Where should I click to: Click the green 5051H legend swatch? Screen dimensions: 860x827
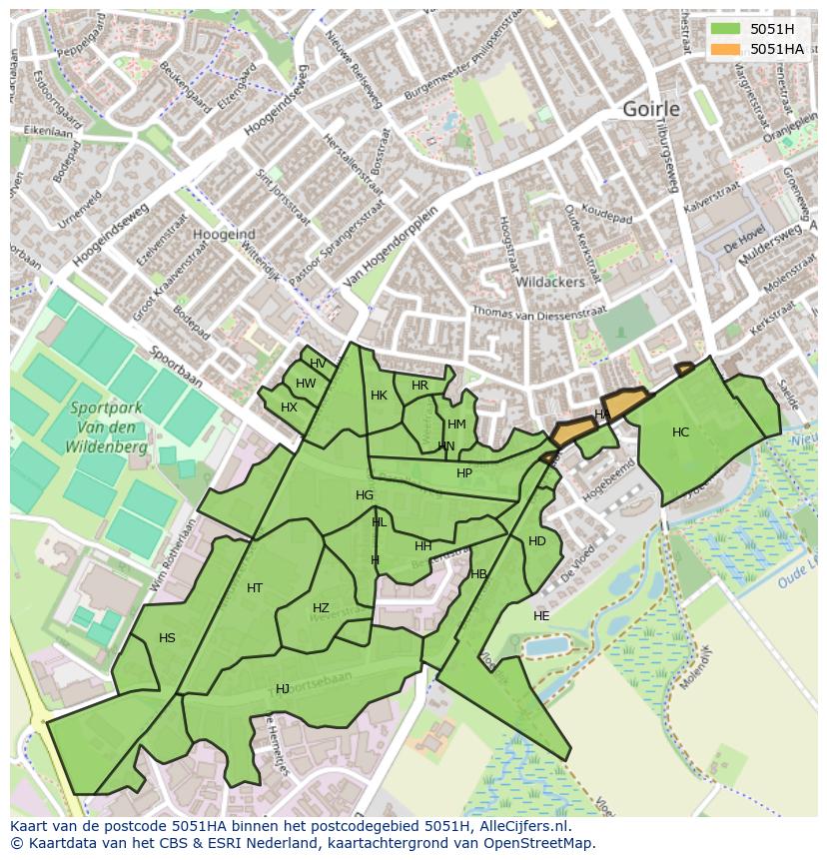coord(727,29)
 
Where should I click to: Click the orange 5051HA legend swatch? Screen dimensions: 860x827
coord(727,49)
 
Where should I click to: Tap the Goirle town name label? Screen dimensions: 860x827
coord(650,109)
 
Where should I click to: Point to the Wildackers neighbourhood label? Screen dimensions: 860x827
coord(549,283)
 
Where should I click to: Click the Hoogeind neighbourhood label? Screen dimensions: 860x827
coord(224,233)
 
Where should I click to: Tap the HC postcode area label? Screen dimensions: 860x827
coord(680,432)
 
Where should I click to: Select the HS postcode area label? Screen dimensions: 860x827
coord(167,638)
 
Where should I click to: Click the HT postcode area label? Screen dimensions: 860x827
coord(255,588)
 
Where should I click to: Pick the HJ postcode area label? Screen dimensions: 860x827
coord(283,689)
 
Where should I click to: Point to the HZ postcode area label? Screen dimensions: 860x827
coord(321,608)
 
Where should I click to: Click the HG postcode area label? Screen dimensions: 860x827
coord(365,495)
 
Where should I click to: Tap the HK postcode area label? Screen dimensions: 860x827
coord(379,396)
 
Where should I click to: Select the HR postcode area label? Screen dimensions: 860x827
coord(419,386)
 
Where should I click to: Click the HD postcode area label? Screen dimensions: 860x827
coord(537,541)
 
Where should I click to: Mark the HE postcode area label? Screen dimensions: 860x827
coord(541,616)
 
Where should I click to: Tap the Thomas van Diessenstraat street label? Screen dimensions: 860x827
coord(539,312)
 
